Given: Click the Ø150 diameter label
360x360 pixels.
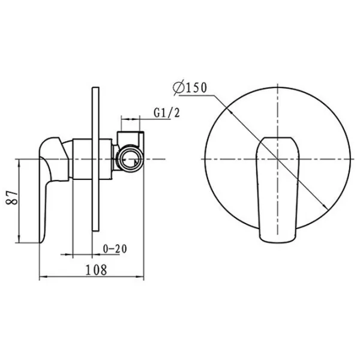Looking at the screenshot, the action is pos(190,88).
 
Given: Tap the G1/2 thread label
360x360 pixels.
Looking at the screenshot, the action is pos(167,113).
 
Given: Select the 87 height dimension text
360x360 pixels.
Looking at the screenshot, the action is pos(12,197).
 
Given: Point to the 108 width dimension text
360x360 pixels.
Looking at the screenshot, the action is pos(96,270).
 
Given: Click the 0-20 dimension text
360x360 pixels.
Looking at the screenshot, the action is pos(115,249).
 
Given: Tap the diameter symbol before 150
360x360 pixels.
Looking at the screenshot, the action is pos(179,88).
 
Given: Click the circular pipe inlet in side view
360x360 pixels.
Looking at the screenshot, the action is pos(129,159).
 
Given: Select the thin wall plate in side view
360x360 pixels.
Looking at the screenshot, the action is pos(95,159).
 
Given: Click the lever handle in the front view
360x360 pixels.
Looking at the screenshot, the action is pos(278,190).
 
